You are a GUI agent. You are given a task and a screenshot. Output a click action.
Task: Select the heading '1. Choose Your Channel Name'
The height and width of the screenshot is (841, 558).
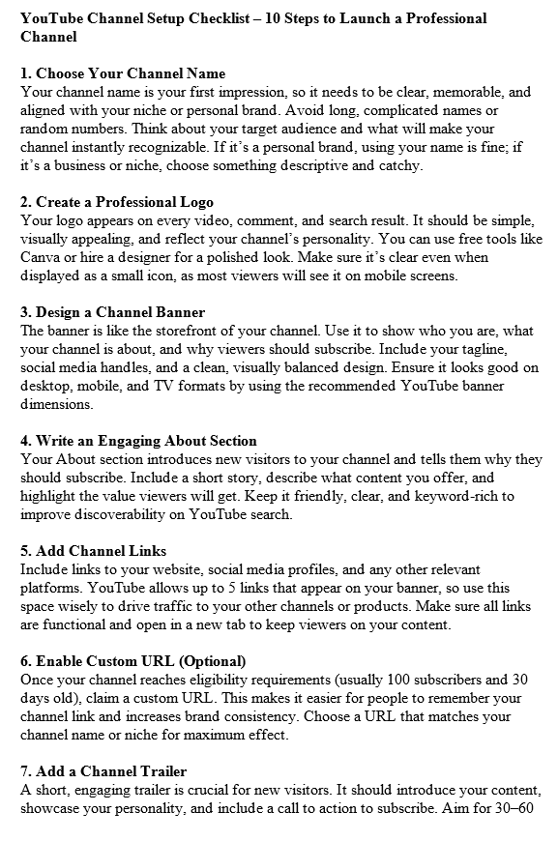tap(123, 73)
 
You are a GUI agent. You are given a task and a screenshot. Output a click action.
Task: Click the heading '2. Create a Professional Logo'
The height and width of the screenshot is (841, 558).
tap(117, 202)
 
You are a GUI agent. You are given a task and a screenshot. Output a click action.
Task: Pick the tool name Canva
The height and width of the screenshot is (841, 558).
tap(41, 257)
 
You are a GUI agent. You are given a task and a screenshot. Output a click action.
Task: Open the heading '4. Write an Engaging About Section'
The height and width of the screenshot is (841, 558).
tap(138, 441)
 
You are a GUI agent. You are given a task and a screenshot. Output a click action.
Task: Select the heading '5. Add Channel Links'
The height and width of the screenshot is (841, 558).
tap(93, 551)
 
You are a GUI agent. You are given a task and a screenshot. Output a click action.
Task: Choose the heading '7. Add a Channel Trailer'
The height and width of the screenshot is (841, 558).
tap(103, 771)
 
